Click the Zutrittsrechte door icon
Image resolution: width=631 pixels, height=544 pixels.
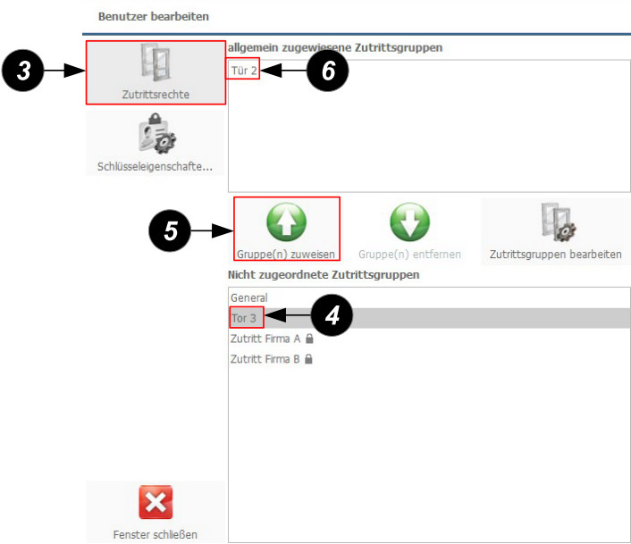[156, 63]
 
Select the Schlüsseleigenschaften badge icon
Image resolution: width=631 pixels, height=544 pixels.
[157, 133]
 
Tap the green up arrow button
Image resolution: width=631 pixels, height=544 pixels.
[287, 222]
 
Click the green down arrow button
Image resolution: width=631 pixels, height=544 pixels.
[409, 222]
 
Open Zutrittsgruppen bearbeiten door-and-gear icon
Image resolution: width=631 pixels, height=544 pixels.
[559, 222]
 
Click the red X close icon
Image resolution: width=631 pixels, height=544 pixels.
[156, 502]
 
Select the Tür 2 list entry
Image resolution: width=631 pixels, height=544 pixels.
[244, 71]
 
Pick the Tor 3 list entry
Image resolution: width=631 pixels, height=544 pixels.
[243, 318]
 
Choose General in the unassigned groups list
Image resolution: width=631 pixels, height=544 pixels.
[249, 298]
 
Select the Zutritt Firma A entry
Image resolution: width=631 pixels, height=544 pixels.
[265, 339]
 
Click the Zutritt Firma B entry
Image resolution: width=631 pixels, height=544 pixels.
[265, 358]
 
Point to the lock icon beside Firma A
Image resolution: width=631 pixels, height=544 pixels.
[309, 339]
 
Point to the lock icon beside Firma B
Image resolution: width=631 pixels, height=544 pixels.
[308, 358]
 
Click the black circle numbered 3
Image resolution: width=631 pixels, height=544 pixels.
[23, 71]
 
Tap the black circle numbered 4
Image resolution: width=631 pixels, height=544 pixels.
[332, 315]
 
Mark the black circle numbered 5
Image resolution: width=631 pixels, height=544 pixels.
[170, 230]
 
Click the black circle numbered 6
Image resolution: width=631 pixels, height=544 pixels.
[328, 71]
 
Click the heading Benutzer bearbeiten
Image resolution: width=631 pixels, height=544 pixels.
[154, 16]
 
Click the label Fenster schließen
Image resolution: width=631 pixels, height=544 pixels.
[156, 535]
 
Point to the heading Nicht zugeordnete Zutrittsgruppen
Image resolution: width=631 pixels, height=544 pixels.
[324, 275]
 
